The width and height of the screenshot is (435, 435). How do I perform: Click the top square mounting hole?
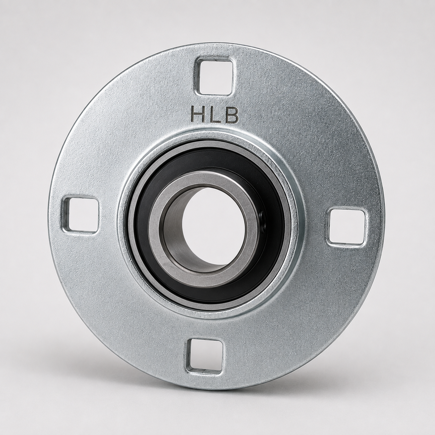pos(214,77)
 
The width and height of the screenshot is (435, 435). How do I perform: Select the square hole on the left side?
pos(80,215)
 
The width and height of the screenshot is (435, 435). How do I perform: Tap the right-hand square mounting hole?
pos(346,227)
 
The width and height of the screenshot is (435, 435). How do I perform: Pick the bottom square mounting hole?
pos(204,357)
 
